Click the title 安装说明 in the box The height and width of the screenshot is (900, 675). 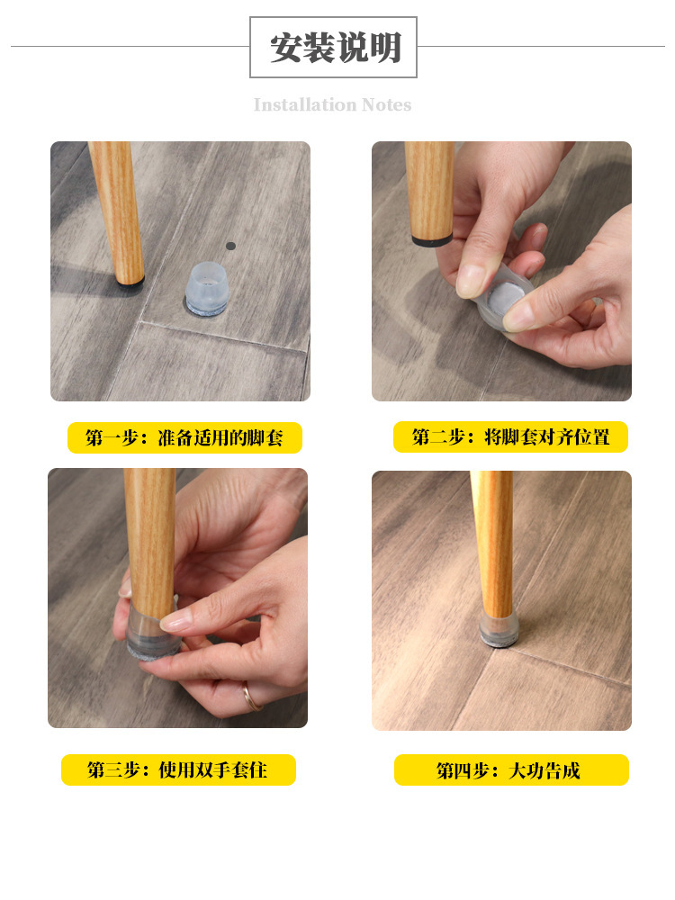tap(335, 48)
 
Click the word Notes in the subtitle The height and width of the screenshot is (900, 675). tap(387, 105)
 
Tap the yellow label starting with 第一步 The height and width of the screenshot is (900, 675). tap(184, 438)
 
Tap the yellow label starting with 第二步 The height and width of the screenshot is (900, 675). tap(510, 437)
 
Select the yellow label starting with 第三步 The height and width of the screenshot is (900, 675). tap(178, 769)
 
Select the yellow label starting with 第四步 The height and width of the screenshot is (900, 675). tap(511, 769)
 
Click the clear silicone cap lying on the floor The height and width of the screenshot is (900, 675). tap(207, 289)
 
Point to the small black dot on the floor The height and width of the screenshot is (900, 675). tap(230, 247)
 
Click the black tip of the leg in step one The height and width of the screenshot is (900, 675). tap(131, 282)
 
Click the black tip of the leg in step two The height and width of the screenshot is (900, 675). tap(432, 240)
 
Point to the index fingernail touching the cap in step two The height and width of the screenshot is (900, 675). tap(471, 280)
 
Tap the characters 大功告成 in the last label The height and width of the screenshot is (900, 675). tap(544, 770)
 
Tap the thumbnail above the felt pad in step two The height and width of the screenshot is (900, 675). tap(518, 314)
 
